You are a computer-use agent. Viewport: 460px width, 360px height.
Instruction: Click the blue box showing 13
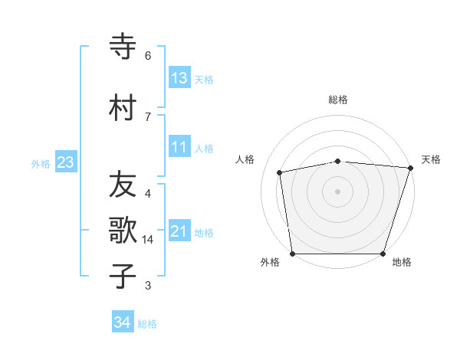click(x=179, y=77)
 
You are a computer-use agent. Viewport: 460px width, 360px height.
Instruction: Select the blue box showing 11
click(x=179, y=147)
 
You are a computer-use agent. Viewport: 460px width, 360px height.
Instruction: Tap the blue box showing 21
click(x=179, y=231)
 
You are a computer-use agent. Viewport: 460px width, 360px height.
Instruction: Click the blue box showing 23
click(x=65, y=162)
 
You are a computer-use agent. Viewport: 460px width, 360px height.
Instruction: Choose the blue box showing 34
click(x=123, y=322)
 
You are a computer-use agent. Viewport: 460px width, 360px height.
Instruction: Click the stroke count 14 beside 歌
click(x=148, y=240)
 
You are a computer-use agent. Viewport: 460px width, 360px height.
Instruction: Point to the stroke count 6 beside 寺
click(x=148, y=56)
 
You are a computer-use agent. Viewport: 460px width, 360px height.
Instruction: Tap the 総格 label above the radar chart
click(x=338, y=100)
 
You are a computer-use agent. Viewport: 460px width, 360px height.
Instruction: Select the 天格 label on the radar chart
click(x=431, y=159)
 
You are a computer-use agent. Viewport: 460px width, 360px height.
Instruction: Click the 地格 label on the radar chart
click(x=402, y=262)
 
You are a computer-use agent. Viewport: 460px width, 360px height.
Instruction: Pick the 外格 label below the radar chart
click(x=270, y=262)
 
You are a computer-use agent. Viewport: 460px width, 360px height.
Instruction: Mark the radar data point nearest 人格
click(x=280, y=172)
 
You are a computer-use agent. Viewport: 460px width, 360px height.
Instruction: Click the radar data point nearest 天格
click(x=410, y=168)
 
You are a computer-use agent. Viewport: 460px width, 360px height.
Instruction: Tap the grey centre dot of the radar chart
click(x=338, y=191)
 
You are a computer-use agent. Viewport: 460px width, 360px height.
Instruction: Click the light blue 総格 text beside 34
click(x=147, y=324)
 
